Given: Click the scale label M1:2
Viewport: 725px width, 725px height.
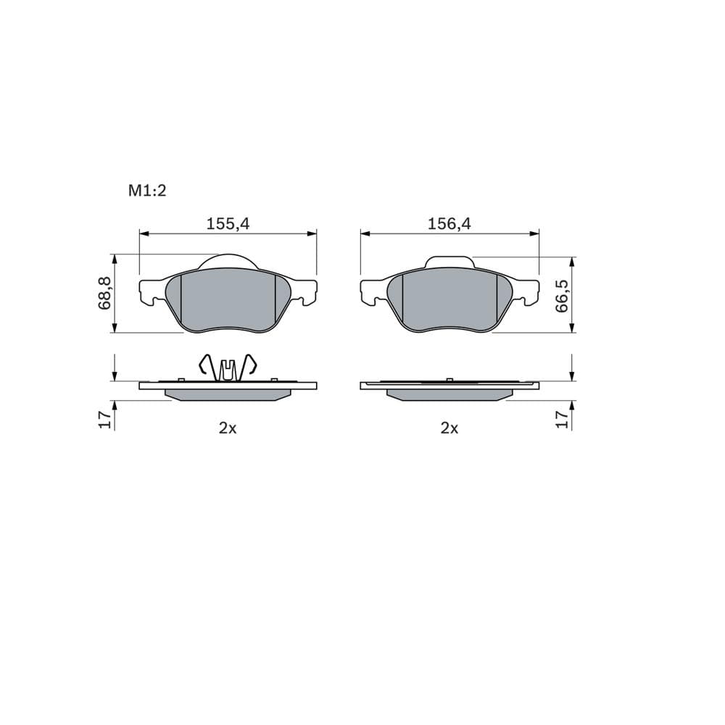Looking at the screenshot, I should point(148,191).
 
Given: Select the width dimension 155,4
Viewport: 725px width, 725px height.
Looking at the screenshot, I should point(228,224).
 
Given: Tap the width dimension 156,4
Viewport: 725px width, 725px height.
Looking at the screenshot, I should point(449,224).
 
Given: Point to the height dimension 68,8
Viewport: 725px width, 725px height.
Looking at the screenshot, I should point(104,293).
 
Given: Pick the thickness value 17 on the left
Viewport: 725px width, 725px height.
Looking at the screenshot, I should point(104,418).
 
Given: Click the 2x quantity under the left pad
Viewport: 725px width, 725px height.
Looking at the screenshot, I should point(228,428).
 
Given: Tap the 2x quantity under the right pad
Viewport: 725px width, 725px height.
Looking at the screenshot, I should point(449,428).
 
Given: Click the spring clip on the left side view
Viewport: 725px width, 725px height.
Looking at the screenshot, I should point(228,367).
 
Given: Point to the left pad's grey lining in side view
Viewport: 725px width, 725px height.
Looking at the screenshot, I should point(228,395).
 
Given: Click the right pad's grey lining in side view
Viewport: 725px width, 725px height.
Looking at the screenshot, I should point(449,395).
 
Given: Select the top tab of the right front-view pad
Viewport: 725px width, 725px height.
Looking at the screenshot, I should point(449,261).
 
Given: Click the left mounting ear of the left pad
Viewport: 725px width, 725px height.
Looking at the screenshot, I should point(149,290).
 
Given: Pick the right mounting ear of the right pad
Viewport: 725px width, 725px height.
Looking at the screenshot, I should point(529,290).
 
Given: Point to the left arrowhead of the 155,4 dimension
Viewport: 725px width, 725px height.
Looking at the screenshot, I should point(143,233).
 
